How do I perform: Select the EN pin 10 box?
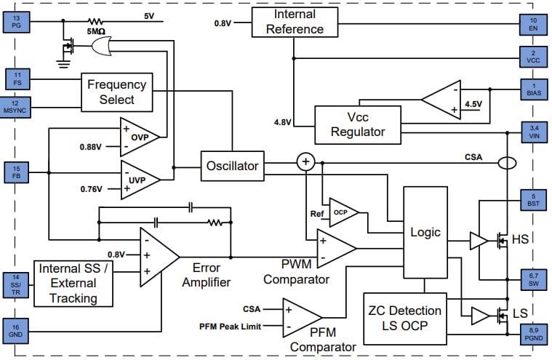532,23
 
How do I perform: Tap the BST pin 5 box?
532,200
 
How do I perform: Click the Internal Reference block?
295,22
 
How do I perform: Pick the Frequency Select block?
116,92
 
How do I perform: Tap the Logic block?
425,232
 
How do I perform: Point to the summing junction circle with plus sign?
306,161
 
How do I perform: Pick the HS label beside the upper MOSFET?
520,239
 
